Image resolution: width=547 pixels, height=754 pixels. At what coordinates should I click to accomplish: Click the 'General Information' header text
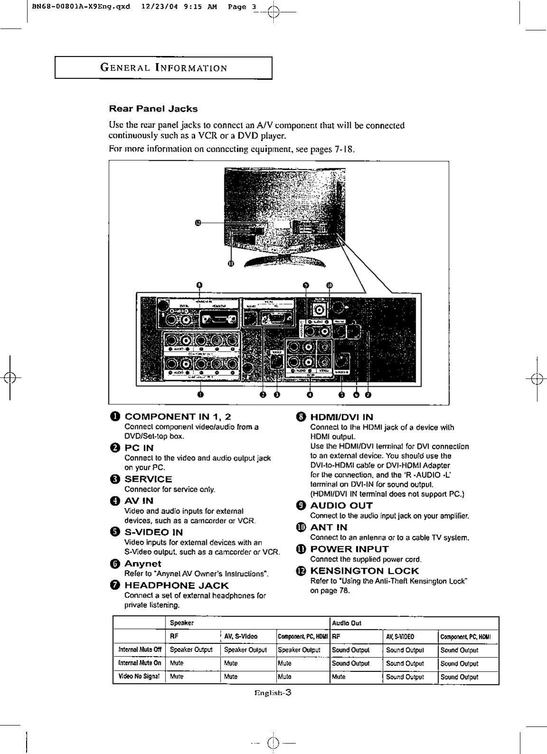point(163,68)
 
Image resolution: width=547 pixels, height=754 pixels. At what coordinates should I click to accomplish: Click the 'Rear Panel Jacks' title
point(153,109)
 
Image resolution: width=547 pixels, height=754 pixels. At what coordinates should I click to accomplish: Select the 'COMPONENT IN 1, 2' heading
point(178,417)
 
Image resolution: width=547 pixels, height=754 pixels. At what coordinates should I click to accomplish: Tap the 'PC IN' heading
point(139,448)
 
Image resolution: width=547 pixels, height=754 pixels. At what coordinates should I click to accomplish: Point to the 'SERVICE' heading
point(148,479)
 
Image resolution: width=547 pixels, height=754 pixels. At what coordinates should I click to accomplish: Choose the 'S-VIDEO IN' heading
point(154,532)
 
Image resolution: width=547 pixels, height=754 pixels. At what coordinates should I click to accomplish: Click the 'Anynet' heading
point(143,564)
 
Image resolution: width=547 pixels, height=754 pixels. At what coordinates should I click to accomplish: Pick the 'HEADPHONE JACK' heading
point(176,586)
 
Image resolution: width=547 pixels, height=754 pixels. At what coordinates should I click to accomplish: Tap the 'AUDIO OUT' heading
point(341,505)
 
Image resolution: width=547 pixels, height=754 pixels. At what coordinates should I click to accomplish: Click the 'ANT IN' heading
point(329,527)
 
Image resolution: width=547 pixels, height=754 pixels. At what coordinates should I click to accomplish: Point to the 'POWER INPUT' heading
point(349,549)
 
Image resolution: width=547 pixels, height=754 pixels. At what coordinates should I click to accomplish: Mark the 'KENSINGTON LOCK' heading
point(364,571)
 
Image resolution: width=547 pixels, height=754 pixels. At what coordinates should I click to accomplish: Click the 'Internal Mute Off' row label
point(139,650)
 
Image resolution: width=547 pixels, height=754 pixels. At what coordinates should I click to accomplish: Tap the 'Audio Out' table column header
point(346,623)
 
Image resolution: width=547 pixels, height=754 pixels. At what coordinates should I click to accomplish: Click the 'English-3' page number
point(272,692)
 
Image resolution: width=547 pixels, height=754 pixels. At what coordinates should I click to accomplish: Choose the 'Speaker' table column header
point(182,623)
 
